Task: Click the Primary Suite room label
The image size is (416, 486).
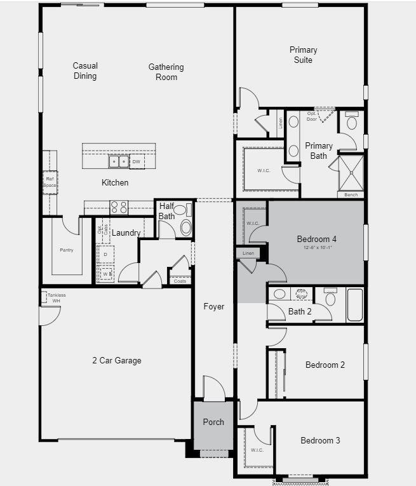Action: [303, 55]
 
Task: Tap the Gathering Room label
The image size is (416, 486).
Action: [166, 72]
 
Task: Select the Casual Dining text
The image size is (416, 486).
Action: [85, 71]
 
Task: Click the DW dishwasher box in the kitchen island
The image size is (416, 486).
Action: [137, 162]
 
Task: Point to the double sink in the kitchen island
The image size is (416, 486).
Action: [118, 162]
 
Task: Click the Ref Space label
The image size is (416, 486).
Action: [50, 182]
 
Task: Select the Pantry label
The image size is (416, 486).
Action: [67, 250]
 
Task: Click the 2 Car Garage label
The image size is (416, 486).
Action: [117, 361]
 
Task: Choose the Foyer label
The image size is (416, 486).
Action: [214, 307]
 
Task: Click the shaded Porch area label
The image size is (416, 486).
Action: [213, 422]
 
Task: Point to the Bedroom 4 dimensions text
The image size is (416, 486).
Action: [316, 247]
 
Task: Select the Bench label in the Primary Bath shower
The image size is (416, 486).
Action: [351, 194]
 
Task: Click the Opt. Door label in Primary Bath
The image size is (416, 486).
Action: [312, 116]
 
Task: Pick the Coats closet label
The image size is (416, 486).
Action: [180, 281]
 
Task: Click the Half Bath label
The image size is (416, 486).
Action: [166, 211]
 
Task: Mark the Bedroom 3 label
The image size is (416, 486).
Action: [321, 441]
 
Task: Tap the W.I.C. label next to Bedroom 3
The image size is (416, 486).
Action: [257, 450]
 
